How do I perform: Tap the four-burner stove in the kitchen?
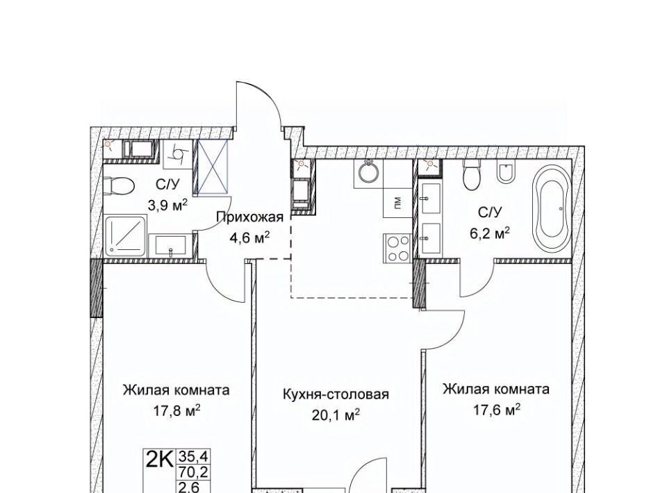pos(398,247)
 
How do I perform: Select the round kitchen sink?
pos(368,172)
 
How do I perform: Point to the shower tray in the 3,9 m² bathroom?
pos(126,235)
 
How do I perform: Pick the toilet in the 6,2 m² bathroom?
pos(472,175)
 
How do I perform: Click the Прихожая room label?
pos(249,217)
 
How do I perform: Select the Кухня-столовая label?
pos(336,394)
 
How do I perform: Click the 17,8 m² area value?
pos(176,410)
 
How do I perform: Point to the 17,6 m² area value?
pos(497,410)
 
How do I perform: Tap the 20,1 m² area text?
pos(336,415)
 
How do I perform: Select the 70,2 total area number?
pos(189,471)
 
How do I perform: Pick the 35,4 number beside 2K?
pos(189,457)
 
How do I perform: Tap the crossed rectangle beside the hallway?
pos(213,167)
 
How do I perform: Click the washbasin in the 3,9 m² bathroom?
pos(170,246)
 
